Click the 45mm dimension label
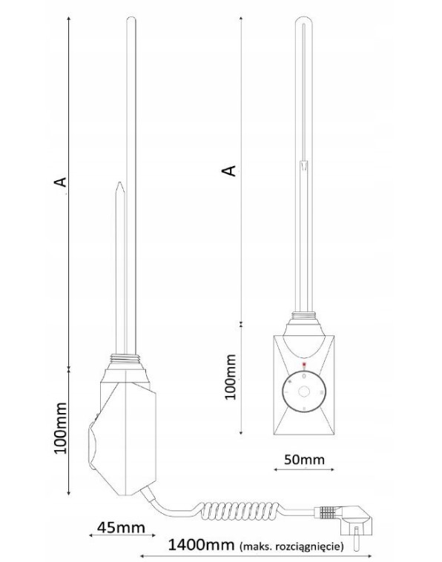(121, 527)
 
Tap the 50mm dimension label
(304, 459)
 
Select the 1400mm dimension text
(201, 545)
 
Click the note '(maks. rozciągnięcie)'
(291, 546)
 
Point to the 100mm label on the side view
(60, 429)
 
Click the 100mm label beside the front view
(230, 377)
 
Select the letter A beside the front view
(229, 171)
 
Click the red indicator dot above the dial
(304, 366)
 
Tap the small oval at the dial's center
(303, 391)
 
